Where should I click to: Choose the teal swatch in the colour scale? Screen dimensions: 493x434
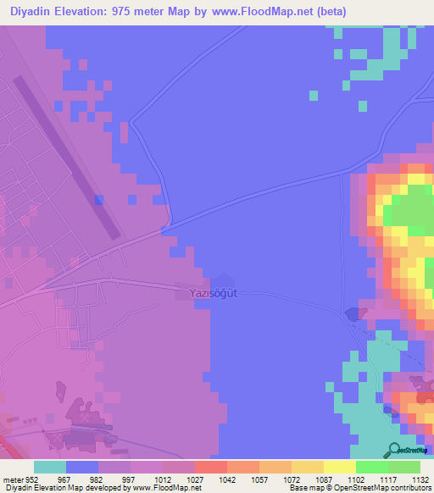pyautogui.click(x=50, y=467)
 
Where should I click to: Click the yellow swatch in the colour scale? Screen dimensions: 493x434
pyautogui.click(x=339, y=467)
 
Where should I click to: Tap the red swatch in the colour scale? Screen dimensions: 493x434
pyautogui.click(x=210, y=467)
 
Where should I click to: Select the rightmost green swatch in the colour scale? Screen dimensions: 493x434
pyautogui.click(x=403, y=467)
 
